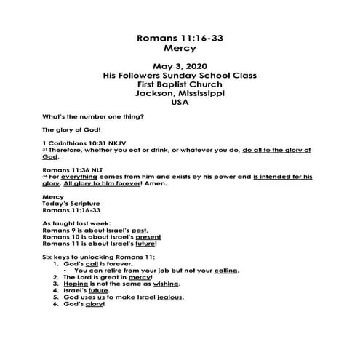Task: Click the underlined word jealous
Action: coord(165,297)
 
